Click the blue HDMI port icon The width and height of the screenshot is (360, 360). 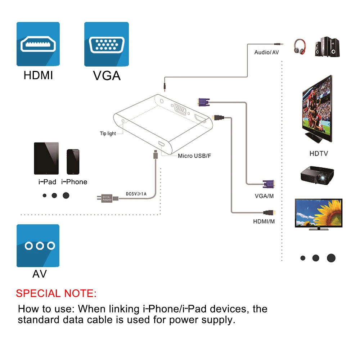point(38,44)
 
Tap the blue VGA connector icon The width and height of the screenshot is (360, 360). point(106,44)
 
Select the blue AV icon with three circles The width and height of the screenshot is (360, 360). point(38,246)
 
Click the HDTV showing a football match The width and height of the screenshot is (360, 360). point(317,110)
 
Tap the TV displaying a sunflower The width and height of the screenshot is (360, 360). point(318,214)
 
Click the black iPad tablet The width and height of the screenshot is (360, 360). point(46,158)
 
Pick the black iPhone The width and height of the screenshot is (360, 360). point(73,162)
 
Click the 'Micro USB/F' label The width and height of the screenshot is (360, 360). point(194,156)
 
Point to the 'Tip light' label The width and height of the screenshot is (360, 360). point(108,134)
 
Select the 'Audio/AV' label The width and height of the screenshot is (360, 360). point(266,53)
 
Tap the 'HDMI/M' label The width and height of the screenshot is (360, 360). point(264,221)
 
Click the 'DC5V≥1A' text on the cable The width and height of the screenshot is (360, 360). point(136,194)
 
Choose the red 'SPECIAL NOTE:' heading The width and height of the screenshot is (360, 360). point(56,293)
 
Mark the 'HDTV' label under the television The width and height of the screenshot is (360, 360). point(319,154)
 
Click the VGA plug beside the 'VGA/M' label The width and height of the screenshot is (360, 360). point(269,185)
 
